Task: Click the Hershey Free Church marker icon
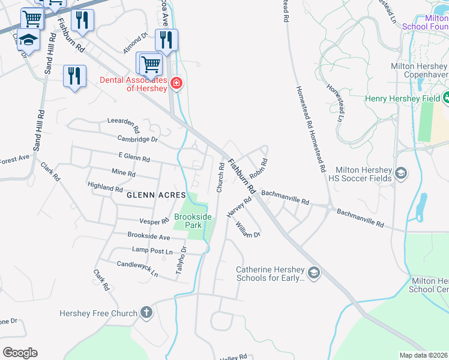(x=146, y=313)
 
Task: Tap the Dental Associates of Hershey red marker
(x=176, y=83)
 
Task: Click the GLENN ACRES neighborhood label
(x=152, y=195)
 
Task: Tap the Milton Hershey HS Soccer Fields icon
(x=401, y=174)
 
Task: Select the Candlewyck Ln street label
(x=137, y=268)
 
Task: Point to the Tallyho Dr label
(x=181, y=263)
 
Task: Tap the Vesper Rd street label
(x=155, y=221)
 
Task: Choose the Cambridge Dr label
(x=137, y=139)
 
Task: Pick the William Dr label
(x=248, y=229)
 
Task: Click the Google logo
(x=20, y=353)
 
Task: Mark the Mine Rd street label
(x=124, y=173)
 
